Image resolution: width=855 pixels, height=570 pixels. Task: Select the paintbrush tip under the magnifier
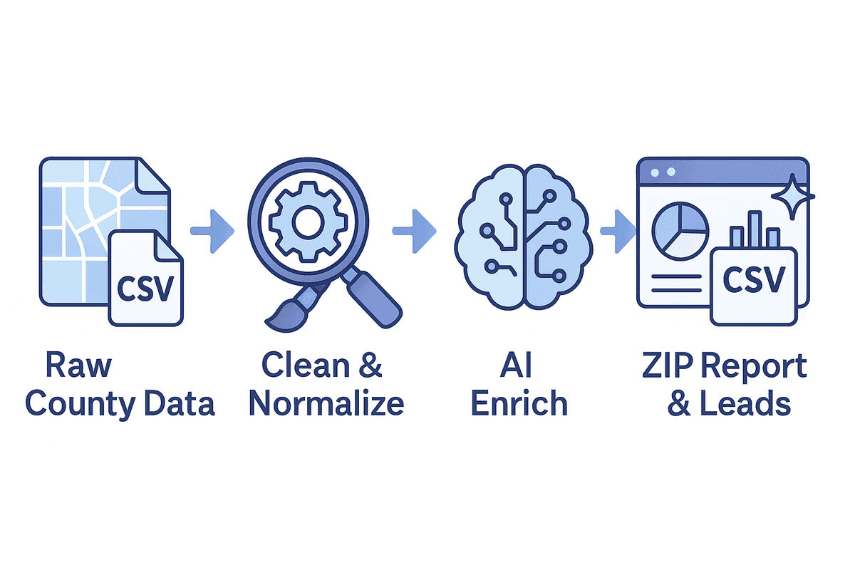[279, 319]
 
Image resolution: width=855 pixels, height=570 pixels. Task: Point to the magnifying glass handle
[373, 300]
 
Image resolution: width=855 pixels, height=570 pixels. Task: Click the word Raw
[78, 366]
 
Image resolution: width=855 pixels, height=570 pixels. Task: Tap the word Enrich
[519, 404]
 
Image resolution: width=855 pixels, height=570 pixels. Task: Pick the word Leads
[748, 404]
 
